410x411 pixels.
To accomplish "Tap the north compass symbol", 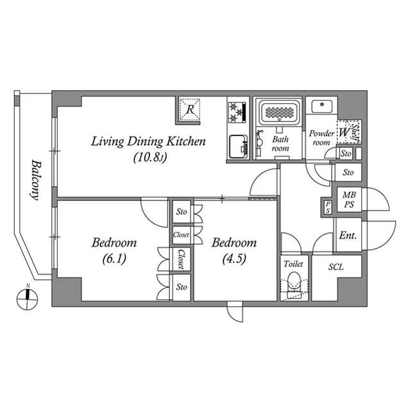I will pos(27,295).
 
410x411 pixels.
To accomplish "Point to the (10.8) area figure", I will pos(150,156).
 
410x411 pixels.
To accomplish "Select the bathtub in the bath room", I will pos(279,112).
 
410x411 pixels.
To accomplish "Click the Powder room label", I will pos(321,138).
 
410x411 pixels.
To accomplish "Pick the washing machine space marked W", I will pos(345,132).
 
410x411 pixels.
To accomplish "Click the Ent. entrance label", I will pos(348,236).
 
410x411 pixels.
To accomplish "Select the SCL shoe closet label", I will pos(336,267).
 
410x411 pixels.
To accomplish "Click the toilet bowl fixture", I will pos(295,283).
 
